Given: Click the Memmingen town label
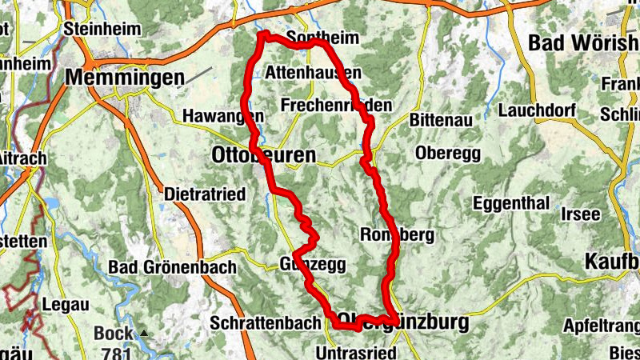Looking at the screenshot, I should tap(126, 78).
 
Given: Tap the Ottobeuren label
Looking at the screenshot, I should tap(263, 154).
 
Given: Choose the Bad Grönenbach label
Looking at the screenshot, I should tap(172, 267).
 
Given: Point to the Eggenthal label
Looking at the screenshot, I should tap(511, 204).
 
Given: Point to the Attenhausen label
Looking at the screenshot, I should tap(313, 73).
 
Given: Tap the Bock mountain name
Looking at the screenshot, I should tap(112, 333).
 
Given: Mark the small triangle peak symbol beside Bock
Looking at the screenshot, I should tap(144, 333).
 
